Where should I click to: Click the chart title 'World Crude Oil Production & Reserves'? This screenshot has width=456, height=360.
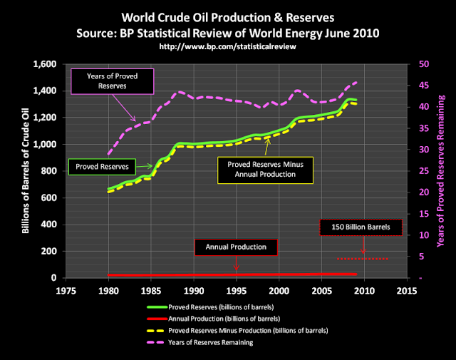coord(228,15)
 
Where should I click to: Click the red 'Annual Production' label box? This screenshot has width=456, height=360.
coord(236,247)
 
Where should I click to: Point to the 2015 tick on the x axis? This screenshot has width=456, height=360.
coord(407,290)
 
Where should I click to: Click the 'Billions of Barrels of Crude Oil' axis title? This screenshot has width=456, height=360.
coord(26,171)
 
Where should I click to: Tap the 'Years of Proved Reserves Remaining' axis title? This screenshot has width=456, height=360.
coord(440,171)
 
